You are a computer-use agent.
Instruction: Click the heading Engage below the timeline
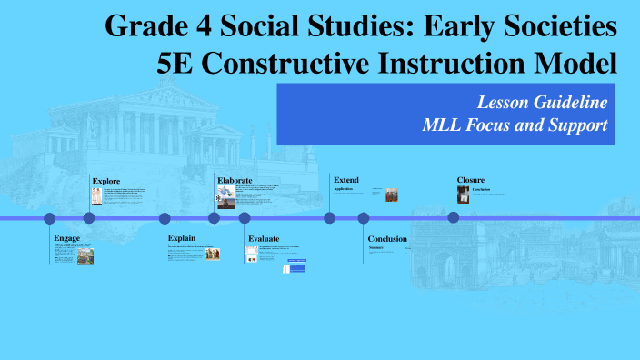pyautogui.click(x=67, y=238)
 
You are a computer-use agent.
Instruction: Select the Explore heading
pyautogui.click(x=105, y=181)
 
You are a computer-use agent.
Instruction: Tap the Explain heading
pyautogui.click(x=182, y=238)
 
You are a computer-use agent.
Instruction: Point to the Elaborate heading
pyautogui.click(x=235, y=181)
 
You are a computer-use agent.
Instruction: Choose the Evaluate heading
pyautogui.click(x=264, y=238)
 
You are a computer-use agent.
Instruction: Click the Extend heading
pyautogui.click(x=347, y=180)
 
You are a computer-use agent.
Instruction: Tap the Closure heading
pyautogui.click(x=471, y=180)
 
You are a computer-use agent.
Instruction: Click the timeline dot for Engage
pyautogui.click(x=50, y=218)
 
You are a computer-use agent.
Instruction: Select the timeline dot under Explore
pyautogui.click(x=89, y=218)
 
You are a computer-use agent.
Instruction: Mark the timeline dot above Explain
pyautogui.click(x=165, y=218)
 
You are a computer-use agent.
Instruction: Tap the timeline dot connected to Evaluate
pyautogui.click(x=245, y=218)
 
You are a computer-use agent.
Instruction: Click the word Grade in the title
pyautogui.click(x=144, y=26)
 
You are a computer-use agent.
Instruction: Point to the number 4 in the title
pyautogui.click(x=202, y=26)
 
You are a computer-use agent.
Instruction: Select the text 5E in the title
pyautogui.click(x=177, y=64)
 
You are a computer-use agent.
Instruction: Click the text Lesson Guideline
pyautogui.click(x=542, y=102)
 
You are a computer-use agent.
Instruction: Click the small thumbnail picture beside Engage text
pyautogui.click(x=85, y=256)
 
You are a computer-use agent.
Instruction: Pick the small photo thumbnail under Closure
pyautogui.click(x=464, y=195)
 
